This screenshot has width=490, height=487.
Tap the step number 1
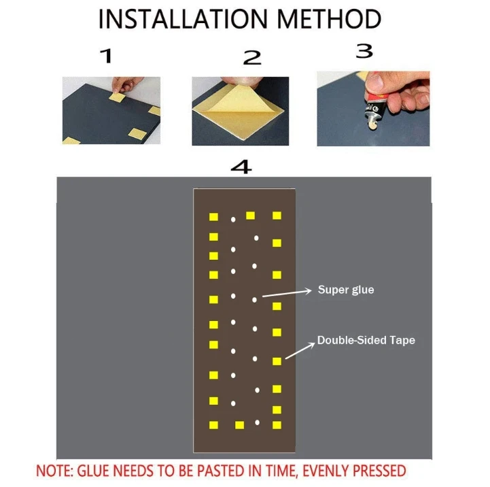pos(105,56)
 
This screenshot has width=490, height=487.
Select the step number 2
pos(252,58)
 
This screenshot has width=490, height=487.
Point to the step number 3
pos(365,50)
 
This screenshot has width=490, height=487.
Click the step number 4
pos(241,167)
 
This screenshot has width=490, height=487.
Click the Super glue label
pos(346,290)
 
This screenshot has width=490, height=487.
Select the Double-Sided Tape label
pos(366,340)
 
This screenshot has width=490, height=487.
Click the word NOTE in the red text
pos(52,471)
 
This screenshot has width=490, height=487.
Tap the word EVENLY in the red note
pos(322,471)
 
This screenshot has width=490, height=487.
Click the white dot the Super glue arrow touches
pos(255,299)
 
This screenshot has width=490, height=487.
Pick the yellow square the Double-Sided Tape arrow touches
pos(277,361)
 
